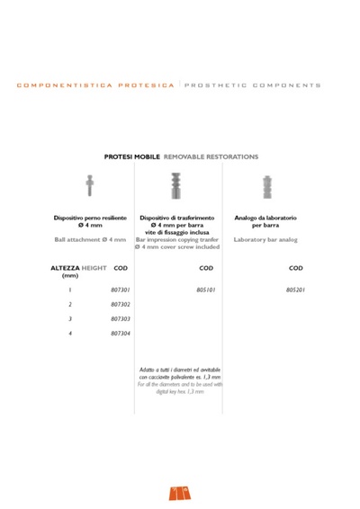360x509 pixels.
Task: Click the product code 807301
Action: click(121, 290)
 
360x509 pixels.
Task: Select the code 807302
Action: click(121, 305)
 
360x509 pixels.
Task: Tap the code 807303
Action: click(121, 319)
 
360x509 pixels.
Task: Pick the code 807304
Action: click(121, 334)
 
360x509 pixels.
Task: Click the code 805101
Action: click(206, 290)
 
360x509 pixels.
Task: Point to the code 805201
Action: click(296, 290)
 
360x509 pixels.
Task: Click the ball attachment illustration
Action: click(89, 185)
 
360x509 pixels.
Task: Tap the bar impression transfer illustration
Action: click(176, 187)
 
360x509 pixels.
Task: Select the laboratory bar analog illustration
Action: click(266, 187)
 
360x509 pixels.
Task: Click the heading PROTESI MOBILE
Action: click(132, 156)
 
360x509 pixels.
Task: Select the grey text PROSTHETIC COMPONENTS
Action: click(253, 85)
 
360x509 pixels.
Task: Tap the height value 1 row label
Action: click(69, 290)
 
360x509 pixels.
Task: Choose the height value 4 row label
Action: click(69, 334)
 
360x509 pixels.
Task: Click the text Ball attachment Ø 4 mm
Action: click(89, 240)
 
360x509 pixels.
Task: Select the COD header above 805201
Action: click(296, 268)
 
